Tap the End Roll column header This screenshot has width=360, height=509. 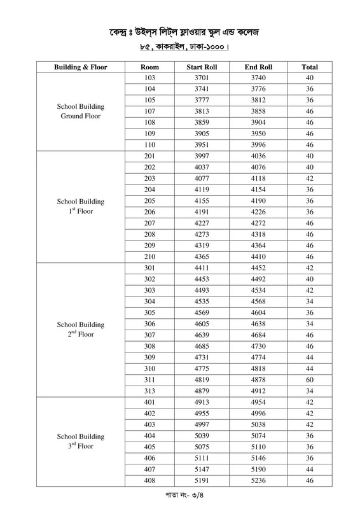click(x=258, y=67)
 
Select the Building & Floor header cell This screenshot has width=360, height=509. click(x=80, y=67)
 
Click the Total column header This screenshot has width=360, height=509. click(x=310, y=67)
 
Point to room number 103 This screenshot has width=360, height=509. click(x=150, y=78)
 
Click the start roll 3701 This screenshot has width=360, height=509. click(x=202, y=78)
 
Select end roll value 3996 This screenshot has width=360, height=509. click(x=258, y=144)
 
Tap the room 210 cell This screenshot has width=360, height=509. click(x=150, y=256)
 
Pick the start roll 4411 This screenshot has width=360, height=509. click(x=202, y=268)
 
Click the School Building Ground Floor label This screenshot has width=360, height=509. click(x=80, y=111)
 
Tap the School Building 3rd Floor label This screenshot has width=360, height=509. click(x=80, y=442)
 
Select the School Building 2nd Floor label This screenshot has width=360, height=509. click(x=80, y=329)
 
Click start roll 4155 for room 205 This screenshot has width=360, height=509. click(x=202, y=200)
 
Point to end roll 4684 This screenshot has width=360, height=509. click(x=258, y=335)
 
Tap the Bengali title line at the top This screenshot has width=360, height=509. click(x=180, y=32)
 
